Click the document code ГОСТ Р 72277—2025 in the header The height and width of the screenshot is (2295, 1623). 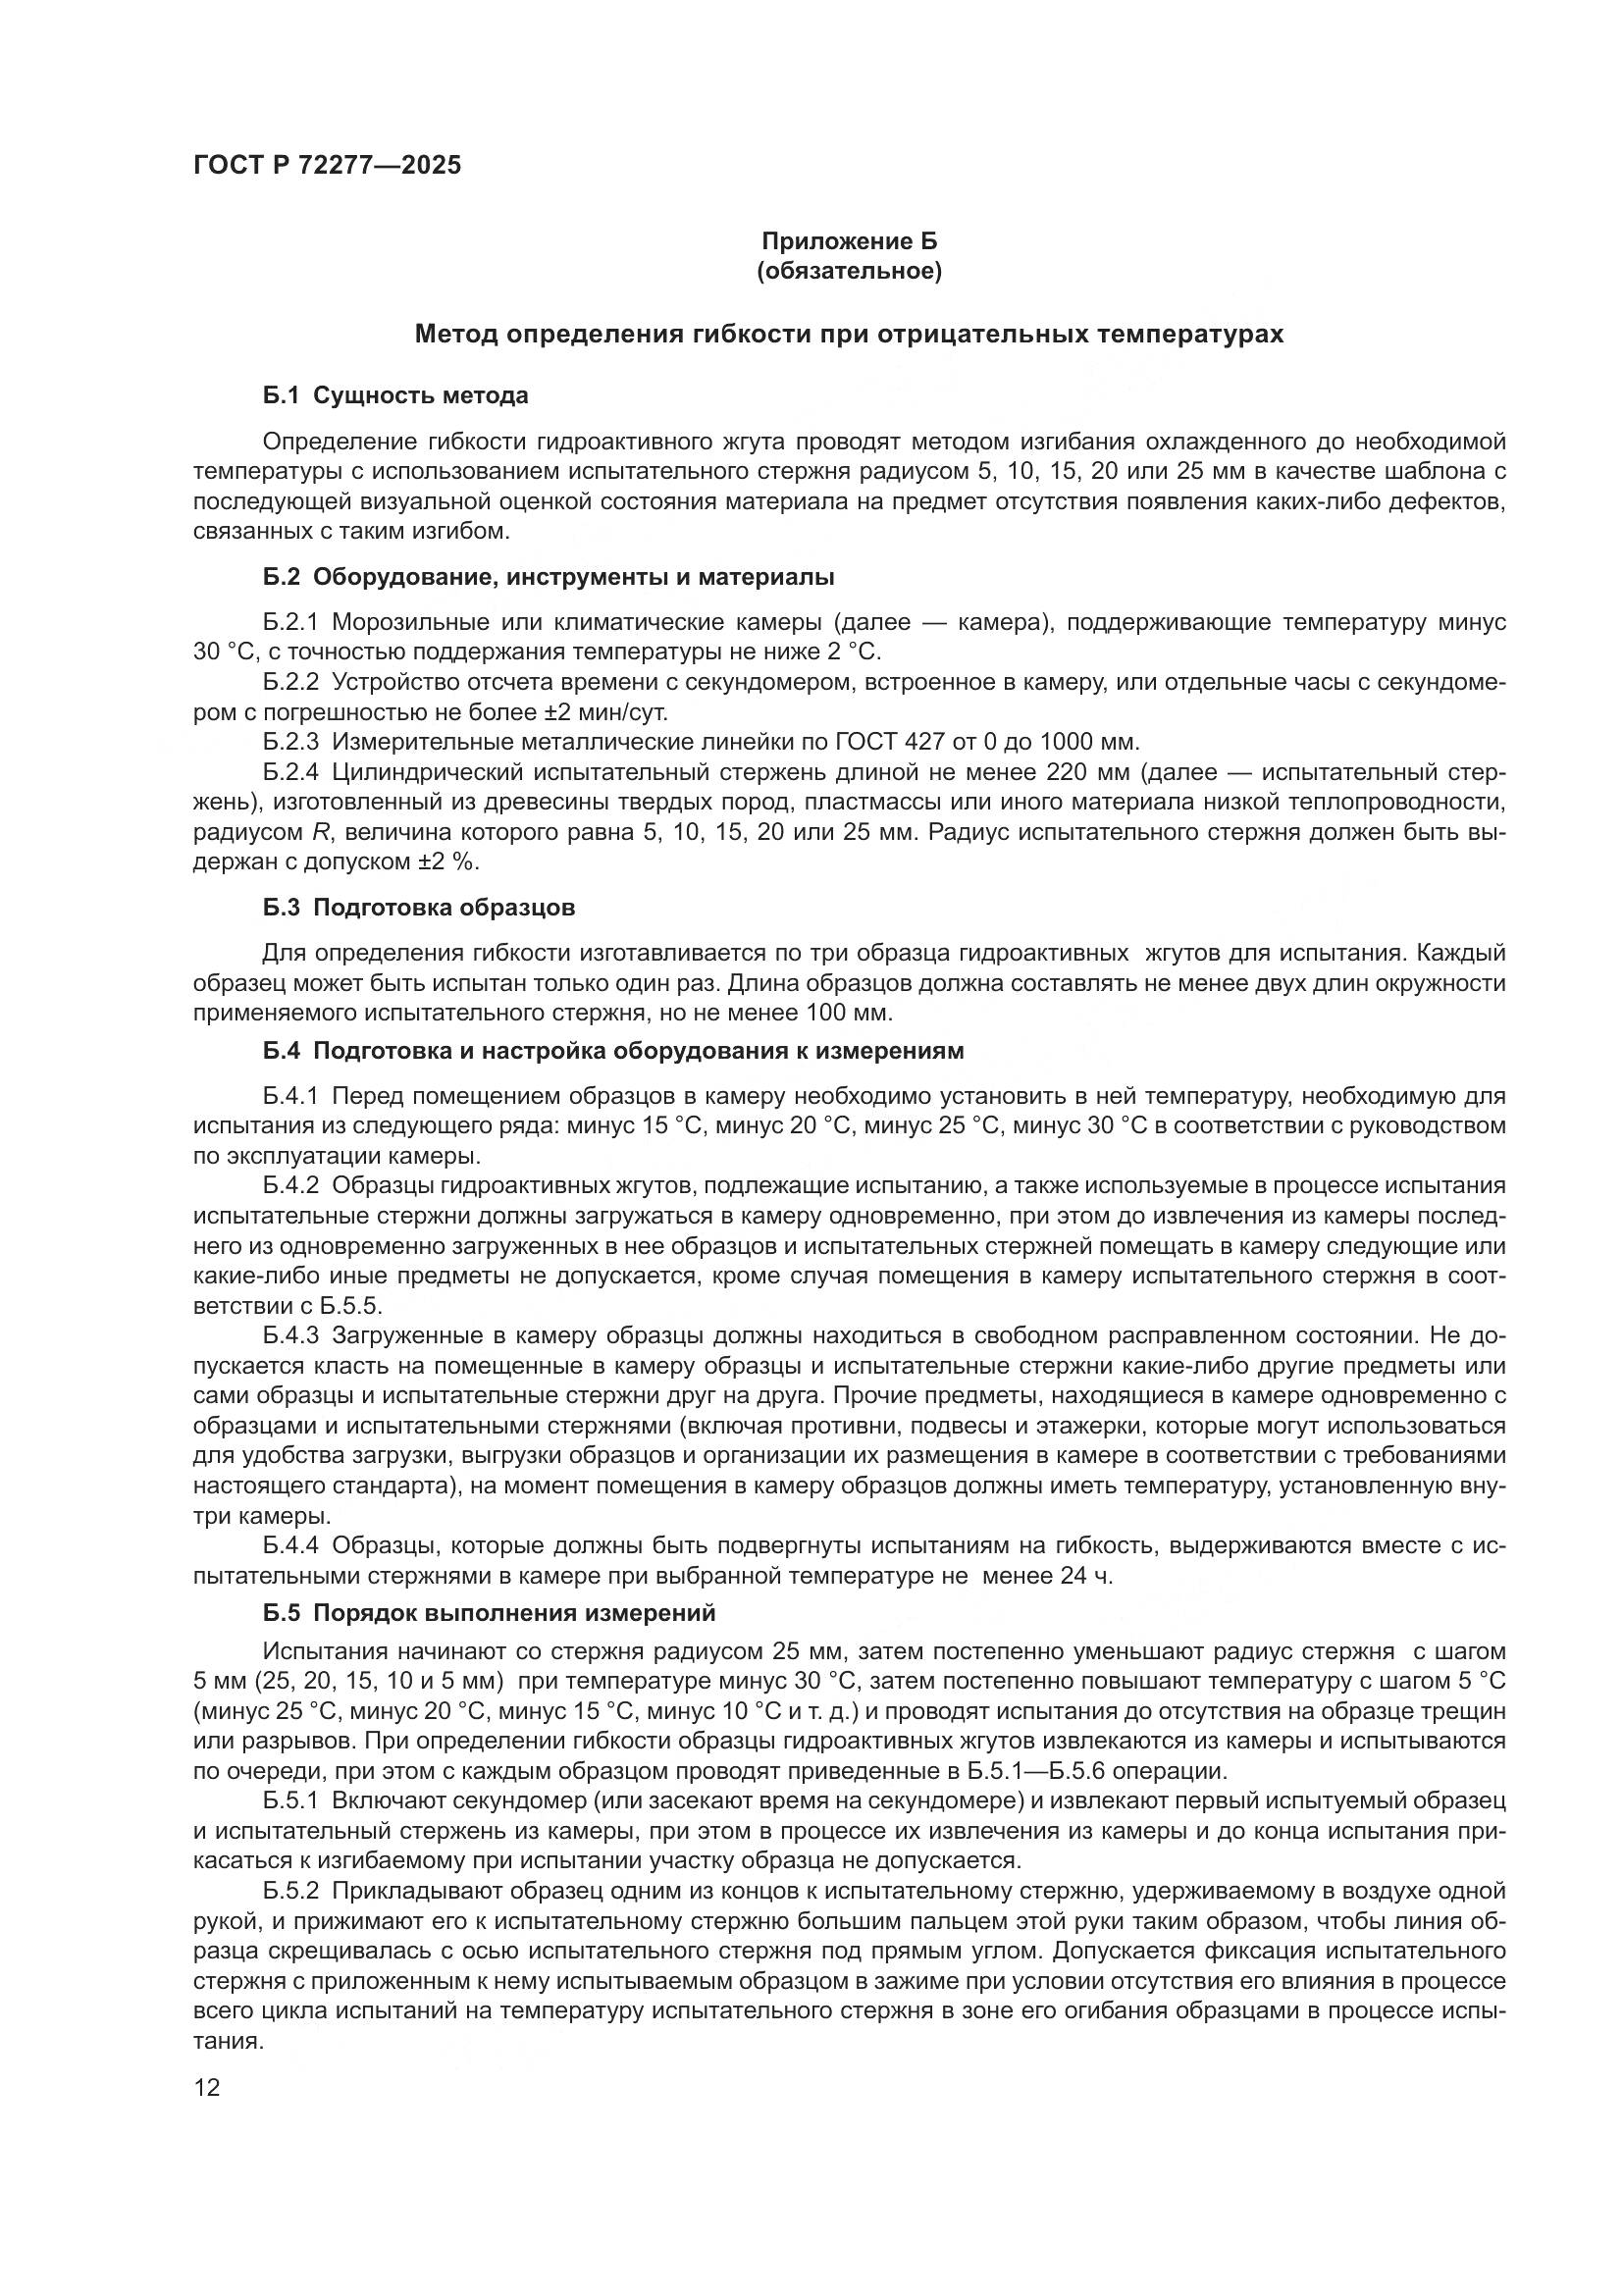click(x=327, y=166)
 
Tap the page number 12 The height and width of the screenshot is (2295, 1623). click(x=207, y=2087)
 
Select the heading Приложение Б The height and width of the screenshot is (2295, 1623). click(x=850, y=241)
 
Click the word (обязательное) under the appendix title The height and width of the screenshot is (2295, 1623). click(x=850, y=272)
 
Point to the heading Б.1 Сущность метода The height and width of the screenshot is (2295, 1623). click(x=395, y=395)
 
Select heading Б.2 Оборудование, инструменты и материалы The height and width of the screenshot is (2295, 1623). click(x=549, y=577)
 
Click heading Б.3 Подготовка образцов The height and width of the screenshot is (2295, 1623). click(x=419, y=908)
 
